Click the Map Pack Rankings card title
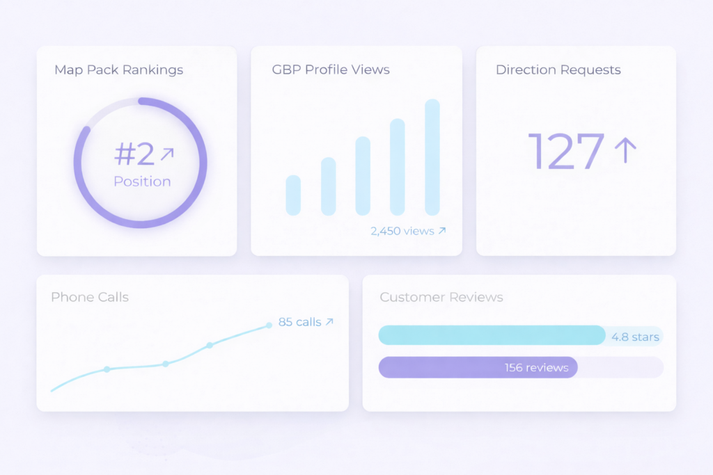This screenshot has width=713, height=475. pyautogui.click(x=118, y=70)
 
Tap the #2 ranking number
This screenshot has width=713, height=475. pyautogui.click(x=134, y=154)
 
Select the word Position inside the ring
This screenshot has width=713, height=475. pyautogui.click(x=142, y=182)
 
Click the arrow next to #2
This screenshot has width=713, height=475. pyautogui.click(x=167, y=154)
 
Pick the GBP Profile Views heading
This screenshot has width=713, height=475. pyautogui.click(x=331, y=70)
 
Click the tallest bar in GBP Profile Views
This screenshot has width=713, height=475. pyautogui.click(x=432, y=157)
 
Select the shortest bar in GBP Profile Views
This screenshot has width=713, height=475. pyautogui.click(x=293, y=195)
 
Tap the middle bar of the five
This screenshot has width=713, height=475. pyautogui.click(x=363, y=176)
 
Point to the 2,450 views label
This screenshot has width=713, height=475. pyautogui.click(x=402, y=231)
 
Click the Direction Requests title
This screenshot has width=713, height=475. pyautogui.click(x=558, y=70)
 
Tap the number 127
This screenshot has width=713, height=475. pyautogui.click(x=566, y=151)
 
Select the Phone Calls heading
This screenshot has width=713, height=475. pyautogui.click(x=89, y=297)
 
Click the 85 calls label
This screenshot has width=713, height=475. pyautogui.click(x=299, y=322)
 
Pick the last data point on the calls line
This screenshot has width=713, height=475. pyautogui.click(x=269, y=325)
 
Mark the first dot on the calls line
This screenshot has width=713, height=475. pyautogui.click(x=107, y=369)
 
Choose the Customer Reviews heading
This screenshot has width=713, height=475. pyautogui.click(x=441, y=297)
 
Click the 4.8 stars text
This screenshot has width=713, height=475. pyautogui.click(x=635, y=337)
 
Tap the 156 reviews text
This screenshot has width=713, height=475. pyautogui.click(x=536, y=368)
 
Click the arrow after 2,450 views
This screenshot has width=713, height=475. pyautogui.click(x=441, y=231)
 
